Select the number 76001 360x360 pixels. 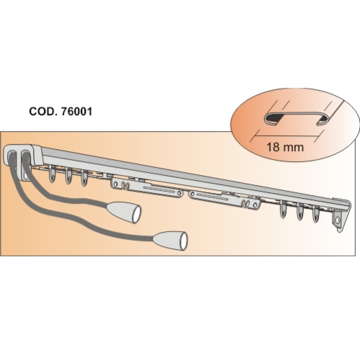(77, 112)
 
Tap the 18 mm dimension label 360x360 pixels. (285, 147)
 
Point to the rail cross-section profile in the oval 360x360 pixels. (295, 118)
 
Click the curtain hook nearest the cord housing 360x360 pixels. (52, 174)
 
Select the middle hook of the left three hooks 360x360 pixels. (68, 176)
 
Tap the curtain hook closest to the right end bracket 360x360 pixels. (316, 214)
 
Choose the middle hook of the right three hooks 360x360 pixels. (300, 212)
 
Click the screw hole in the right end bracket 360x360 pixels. (338, 220)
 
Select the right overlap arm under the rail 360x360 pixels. (225, 199)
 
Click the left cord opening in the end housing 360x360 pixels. (12, 157)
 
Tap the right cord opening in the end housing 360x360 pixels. (24, 156)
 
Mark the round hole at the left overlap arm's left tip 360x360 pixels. (115, 184)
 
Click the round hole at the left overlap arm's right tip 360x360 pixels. (179, 193)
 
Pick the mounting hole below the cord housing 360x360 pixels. (25, 177)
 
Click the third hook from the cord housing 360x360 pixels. (84, 178)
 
